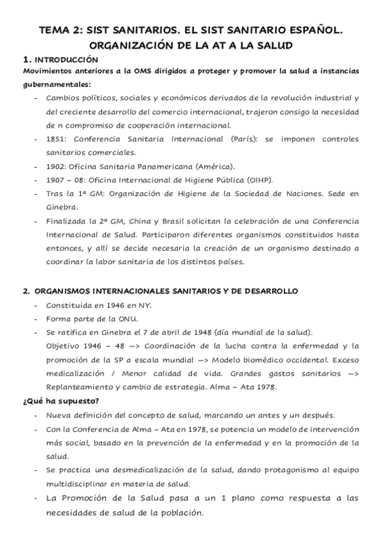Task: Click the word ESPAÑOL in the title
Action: pos(309,29)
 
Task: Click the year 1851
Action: pos(56,138)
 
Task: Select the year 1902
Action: pos(56,166)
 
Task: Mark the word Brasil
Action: pos(179,221)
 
